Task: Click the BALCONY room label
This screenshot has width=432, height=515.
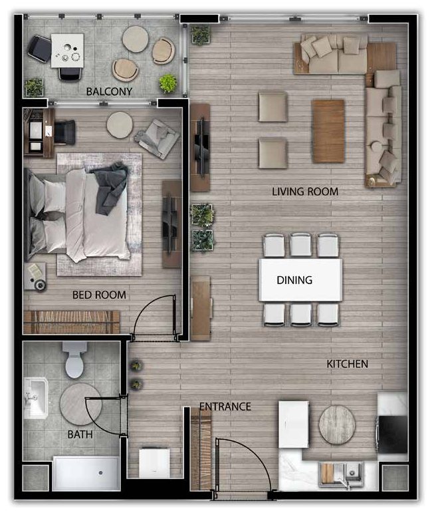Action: pos(109,91)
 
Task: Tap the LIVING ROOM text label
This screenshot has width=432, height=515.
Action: pos(305,192)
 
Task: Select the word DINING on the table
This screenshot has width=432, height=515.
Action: pos(294,280)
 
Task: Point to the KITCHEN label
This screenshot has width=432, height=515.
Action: pos(348,364)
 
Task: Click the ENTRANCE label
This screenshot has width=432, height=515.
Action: pos(225,407)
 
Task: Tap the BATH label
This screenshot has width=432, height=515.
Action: pos(80,434)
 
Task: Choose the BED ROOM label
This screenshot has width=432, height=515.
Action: pos(99,295)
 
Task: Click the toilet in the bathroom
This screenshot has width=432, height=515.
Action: pos(75,360)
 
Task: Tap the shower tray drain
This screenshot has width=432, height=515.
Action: pos(101,472)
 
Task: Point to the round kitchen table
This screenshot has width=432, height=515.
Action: pos(337,425)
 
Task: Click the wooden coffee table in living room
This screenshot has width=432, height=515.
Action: pos(328,131)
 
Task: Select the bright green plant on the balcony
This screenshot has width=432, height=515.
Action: pos(168,83)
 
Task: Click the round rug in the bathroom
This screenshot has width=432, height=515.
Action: pos(80,404)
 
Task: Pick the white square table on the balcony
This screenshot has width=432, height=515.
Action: pos(67,51)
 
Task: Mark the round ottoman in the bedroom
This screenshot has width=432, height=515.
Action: pos(120,125)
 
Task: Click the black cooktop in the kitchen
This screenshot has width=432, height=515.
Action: pos(393,434)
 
